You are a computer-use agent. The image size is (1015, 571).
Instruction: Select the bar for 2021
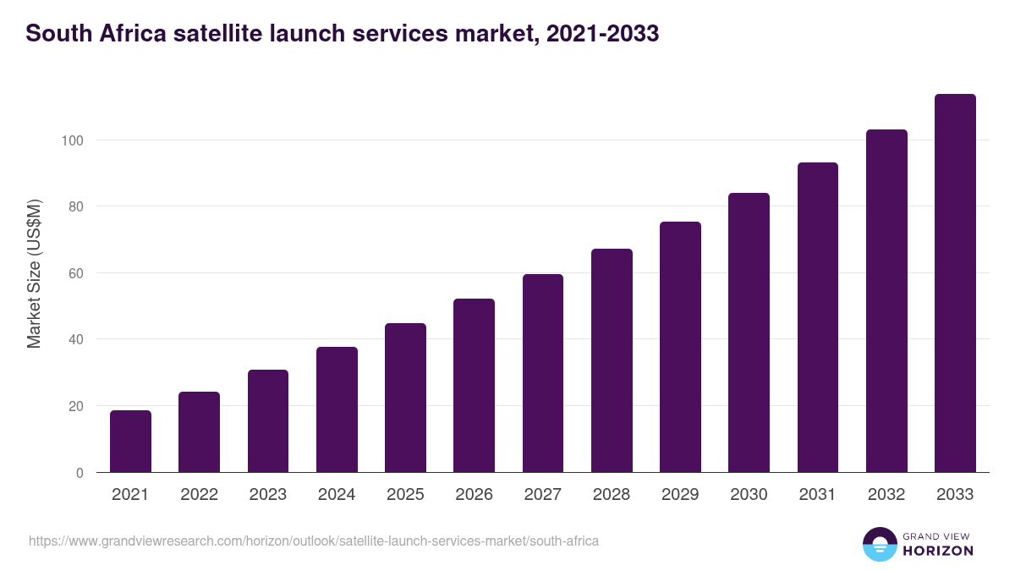coord(130,442)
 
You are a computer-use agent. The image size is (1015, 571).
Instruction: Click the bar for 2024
coord(337,409)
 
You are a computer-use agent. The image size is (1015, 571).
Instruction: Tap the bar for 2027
coord(542,373)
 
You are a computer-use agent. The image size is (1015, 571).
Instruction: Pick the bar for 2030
coord(749,332)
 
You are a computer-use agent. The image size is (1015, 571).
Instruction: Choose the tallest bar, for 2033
coord(955,283)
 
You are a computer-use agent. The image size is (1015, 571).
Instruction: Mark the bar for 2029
coord(680,347)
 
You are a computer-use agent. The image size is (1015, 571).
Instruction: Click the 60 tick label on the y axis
coord(75,273)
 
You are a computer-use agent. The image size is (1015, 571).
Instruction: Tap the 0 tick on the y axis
coord(80,473)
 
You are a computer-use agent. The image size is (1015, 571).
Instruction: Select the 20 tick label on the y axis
coord(75,406)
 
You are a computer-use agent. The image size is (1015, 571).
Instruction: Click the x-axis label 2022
coord(199,495)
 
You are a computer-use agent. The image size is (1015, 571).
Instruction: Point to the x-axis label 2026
coord(474,495)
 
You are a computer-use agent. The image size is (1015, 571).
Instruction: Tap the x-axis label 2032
coord(886,495)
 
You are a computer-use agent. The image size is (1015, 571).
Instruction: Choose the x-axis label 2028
coord(612,495)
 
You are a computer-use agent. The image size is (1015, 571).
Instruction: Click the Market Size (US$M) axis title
coord(35,273)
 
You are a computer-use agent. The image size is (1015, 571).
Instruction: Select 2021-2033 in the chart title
coord(602,34)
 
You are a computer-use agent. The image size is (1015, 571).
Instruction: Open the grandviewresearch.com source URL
coord(314,541)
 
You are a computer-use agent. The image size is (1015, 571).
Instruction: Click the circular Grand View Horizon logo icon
coord(880,544)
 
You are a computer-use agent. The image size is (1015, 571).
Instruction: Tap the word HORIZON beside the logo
coord(937,551)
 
